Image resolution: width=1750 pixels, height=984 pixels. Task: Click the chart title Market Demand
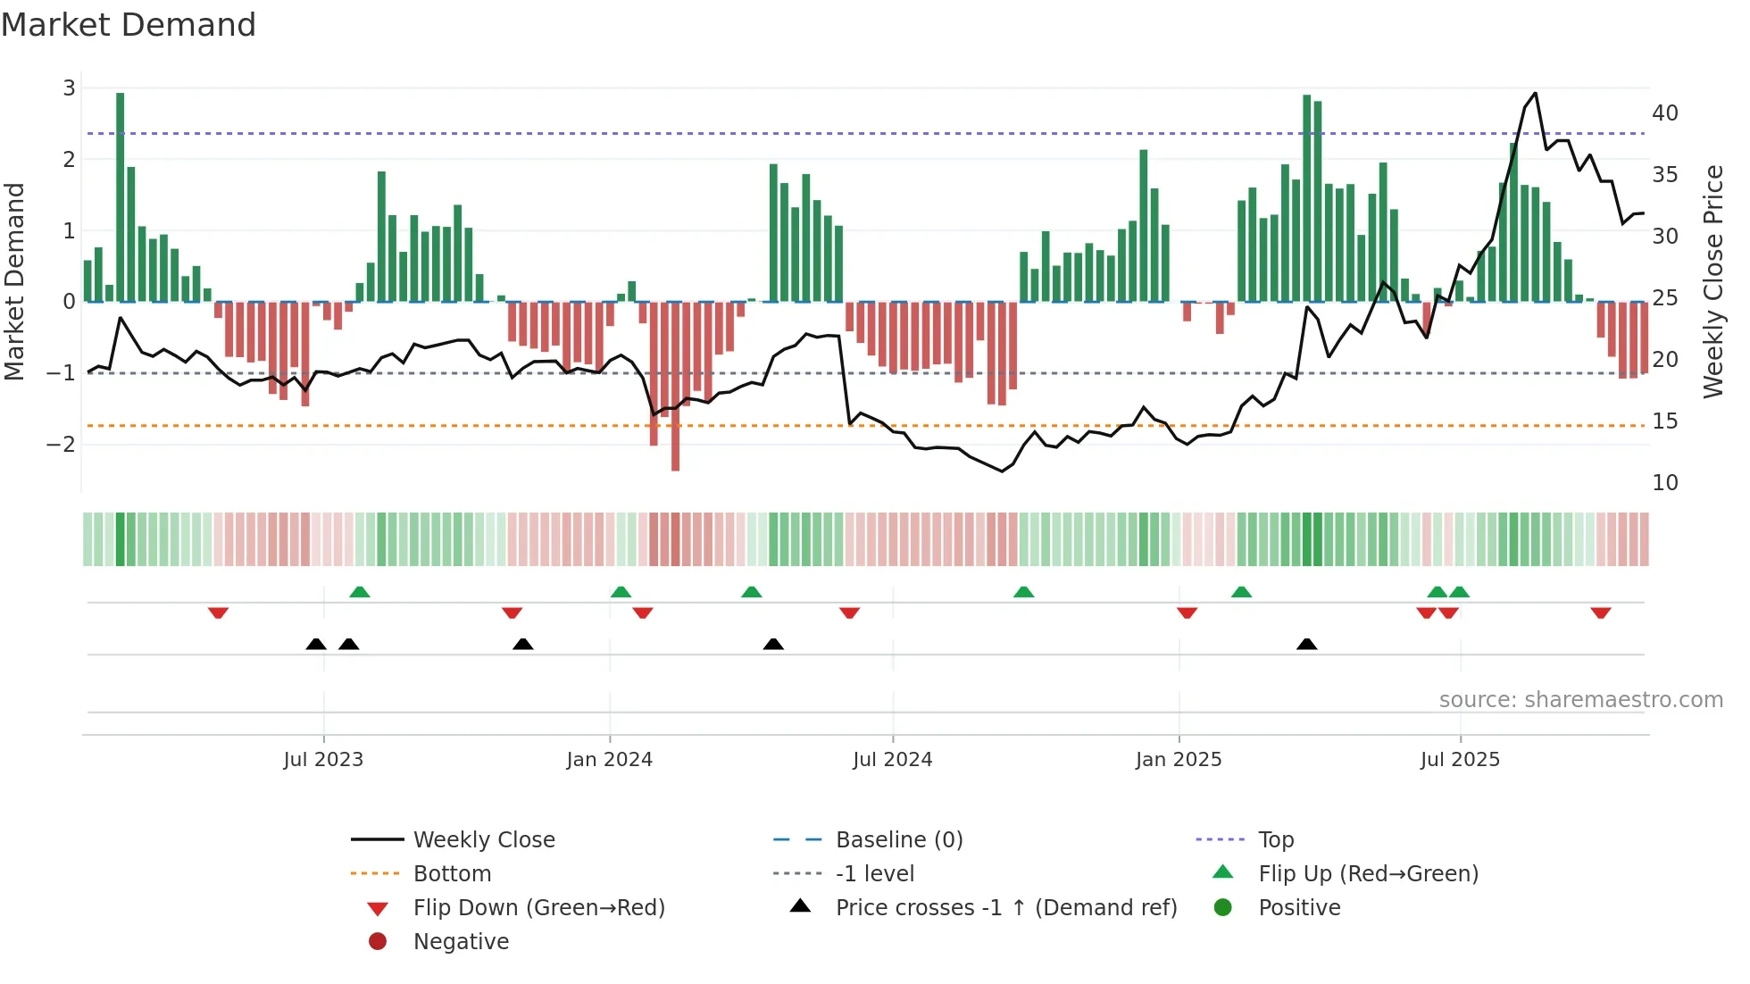pyautogui.click(x=129, y=25)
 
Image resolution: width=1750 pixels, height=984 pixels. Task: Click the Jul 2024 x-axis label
pyautogui.click(x=892, y=760)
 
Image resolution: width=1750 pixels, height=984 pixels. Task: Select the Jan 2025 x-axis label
pyautogui.click(x=1178, y=760)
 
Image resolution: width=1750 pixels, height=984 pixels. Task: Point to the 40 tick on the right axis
pyautogui.click(x=1664, y=113)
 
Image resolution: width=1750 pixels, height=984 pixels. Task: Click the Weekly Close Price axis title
pyautogui.click(x=1712, y=281)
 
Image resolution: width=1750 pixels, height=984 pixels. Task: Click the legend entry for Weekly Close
pyautogui.click(x=483, y=840)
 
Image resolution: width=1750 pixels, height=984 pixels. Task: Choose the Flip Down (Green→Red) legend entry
pyautogui.click(x=538, y=908)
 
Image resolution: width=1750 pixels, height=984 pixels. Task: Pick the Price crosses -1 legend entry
pyautogui.click(x=1005, y=908)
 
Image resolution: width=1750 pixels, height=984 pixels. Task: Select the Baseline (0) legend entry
pyautogui.click(x=898, y=840)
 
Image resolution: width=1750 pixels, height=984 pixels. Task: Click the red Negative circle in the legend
pyautogui.click(x=378, y=942)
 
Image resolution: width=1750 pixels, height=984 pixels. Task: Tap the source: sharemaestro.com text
pyautogui.click(x=1580, y=700)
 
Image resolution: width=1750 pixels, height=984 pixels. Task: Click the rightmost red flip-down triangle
pyautogui.click(x=1600, y=613)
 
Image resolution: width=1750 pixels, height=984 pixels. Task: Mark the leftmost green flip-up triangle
pyautogui.click(x=359, y=592)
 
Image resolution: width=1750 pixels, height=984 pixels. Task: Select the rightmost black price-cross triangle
pyautogui.click(x=1306, y=645)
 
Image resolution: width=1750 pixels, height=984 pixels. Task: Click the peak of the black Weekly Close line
pyautogui.click(x=1535, y=94)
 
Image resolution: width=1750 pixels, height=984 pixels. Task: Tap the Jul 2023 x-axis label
pyautogui.click(x=323, y=760)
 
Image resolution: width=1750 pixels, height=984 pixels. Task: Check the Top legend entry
pyautogui.click(x=1275, y=840)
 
